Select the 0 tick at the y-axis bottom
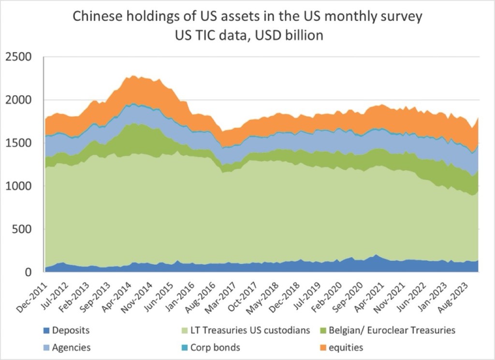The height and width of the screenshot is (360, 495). (x=29, y=272)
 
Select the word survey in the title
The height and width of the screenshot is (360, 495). (x=401, y=17)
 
